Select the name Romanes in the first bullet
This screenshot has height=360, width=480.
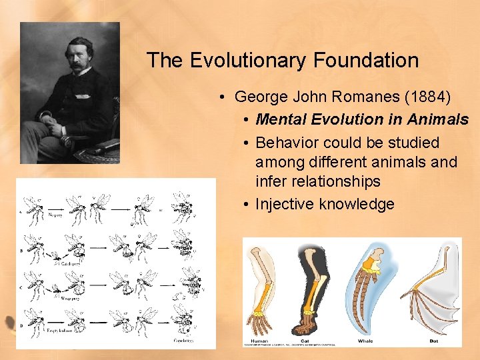point(360,97)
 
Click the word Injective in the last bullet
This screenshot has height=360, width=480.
point(285,204)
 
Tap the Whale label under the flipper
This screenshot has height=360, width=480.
point(365,340)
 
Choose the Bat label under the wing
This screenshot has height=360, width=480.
point(434,340)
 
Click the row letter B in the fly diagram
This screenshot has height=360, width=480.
point(23,251)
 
